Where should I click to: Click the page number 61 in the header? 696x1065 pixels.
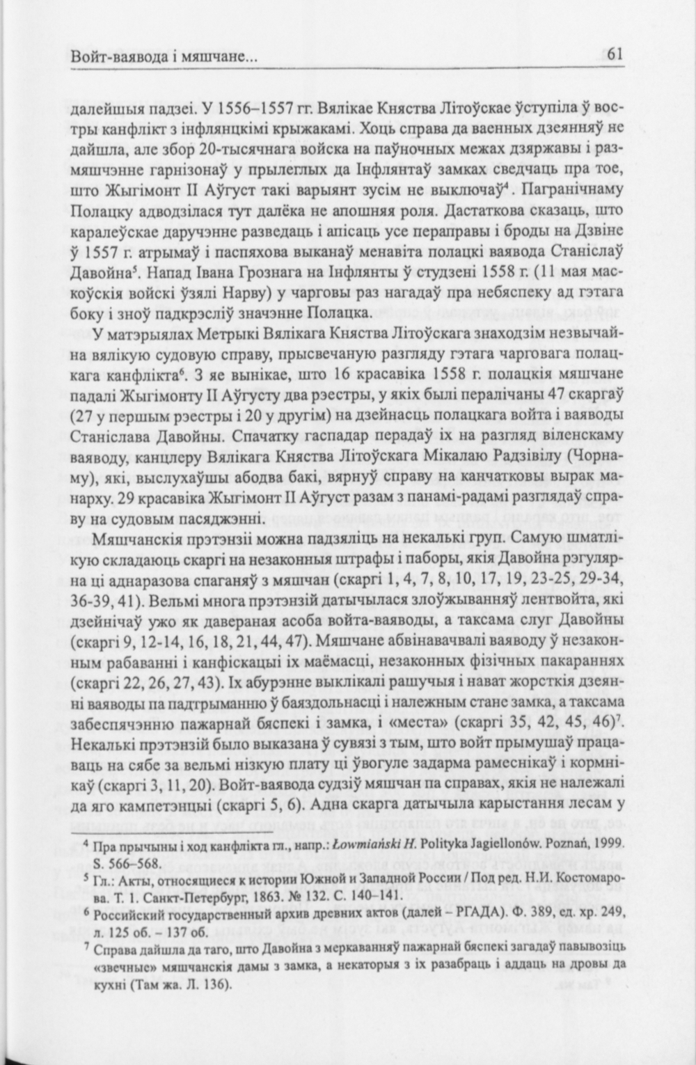[613, 54]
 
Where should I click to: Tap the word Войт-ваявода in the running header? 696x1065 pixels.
[110, 55]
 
